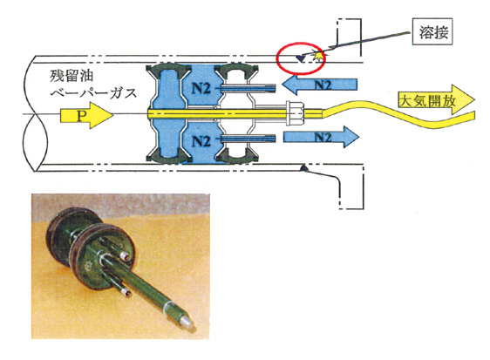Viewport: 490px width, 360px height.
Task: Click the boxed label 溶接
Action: [432, 31]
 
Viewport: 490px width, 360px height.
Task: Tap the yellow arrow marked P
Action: [86, 115]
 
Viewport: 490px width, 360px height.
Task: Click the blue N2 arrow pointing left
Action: [319, 85]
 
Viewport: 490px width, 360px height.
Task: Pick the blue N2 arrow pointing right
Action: [321, 137]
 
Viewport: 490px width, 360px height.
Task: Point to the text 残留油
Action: [71, 76]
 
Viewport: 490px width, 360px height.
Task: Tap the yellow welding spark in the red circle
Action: [319, 57]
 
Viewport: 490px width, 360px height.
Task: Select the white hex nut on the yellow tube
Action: [295, 113]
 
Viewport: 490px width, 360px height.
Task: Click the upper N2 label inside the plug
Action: [201, 89]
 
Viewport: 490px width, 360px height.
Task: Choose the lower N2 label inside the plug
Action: [201, 141]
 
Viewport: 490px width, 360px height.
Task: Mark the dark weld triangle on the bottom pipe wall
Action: [303, 169]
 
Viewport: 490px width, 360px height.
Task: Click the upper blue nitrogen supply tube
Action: [248, 88]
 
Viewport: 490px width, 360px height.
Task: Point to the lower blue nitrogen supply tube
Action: [248, 138]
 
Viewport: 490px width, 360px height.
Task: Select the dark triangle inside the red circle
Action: [301, 58]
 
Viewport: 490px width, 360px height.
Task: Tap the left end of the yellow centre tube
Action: [148, 113]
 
